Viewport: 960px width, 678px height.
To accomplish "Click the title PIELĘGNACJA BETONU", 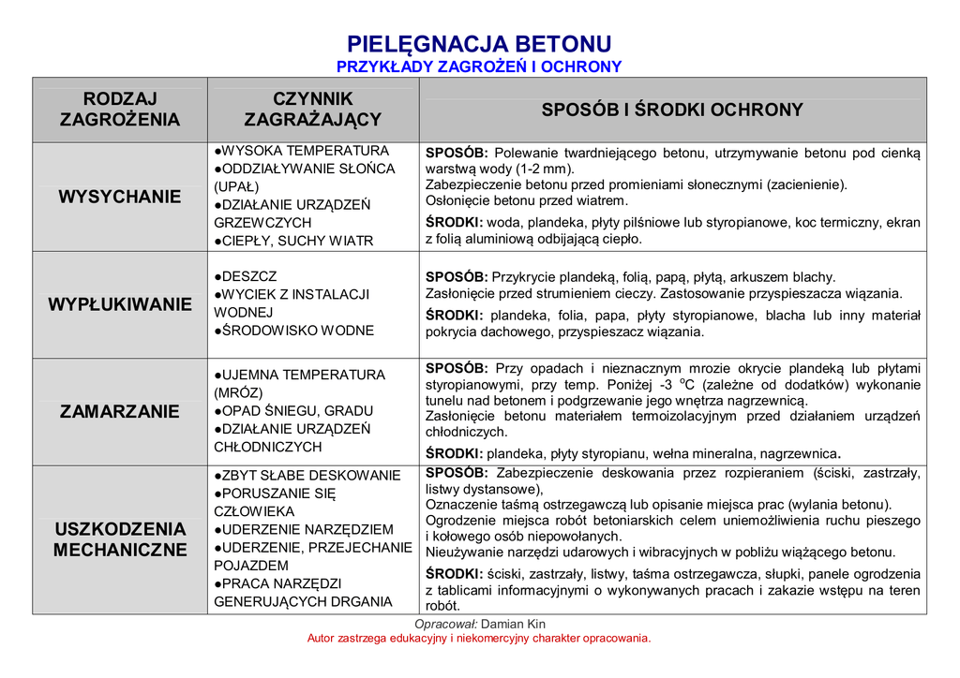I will click(x=479, y=44).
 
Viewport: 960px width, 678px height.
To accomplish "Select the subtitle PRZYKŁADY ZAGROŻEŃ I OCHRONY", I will click(x=479, y=66).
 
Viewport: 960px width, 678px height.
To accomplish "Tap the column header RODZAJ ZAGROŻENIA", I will click(x=120, y=110).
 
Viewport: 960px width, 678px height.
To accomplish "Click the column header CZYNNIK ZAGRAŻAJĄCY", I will click(x=313, y=110).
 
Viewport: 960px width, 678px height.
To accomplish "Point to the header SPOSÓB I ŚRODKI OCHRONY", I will click(x=672, y=110).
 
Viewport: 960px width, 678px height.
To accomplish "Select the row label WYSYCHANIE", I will click(x=120, y=197).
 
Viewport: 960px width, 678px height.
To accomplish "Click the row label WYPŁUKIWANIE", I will click(x=120, y=304).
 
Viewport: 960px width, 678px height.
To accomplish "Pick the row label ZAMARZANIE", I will click(x=120, y=411).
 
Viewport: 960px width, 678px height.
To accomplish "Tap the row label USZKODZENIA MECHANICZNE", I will click(x=120, y=539).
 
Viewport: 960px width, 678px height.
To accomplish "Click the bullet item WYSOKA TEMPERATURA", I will click(x=302, y=151).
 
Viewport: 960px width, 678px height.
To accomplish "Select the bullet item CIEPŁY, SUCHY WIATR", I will click(x=294, y=241).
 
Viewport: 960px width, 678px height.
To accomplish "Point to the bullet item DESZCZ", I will click(x=246, y=276).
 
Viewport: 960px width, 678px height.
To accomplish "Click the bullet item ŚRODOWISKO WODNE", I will click(x=294, y=331).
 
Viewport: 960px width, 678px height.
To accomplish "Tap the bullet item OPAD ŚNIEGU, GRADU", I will click(x=294, y=411).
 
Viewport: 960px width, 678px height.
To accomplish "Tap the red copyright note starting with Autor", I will click(x=479, y=639).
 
